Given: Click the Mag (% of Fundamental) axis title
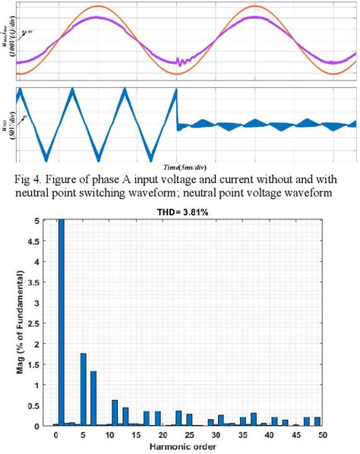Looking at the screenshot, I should pos(21,323).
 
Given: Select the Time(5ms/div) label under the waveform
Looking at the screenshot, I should pos(187,165).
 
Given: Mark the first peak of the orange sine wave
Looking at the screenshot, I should pos(96,6).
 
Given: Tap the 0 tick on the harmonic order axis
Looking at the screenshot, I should pos(56,435).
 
